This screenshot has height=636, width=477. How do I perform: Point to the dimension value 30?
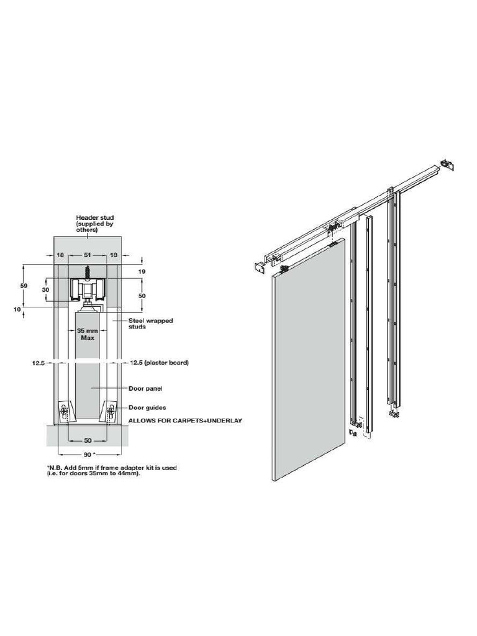[x=45, y=290]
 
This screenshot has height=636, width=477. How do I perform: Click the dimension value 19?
[x=142, y=271]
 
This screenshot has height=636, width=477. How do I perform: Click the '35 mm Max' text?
[x=86, y=334]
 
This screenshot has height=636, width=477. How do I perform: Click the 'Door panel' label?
[x=145, y=389]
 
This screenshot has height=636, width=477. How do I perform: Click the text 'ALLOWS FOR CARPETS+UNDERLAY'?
[x=184, y=420]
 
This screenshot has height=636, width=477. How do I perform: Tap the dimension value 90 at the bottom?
[x=86, y=455]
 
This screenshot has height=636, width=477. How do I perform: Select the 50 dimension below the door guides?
[x=86, y=440]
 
